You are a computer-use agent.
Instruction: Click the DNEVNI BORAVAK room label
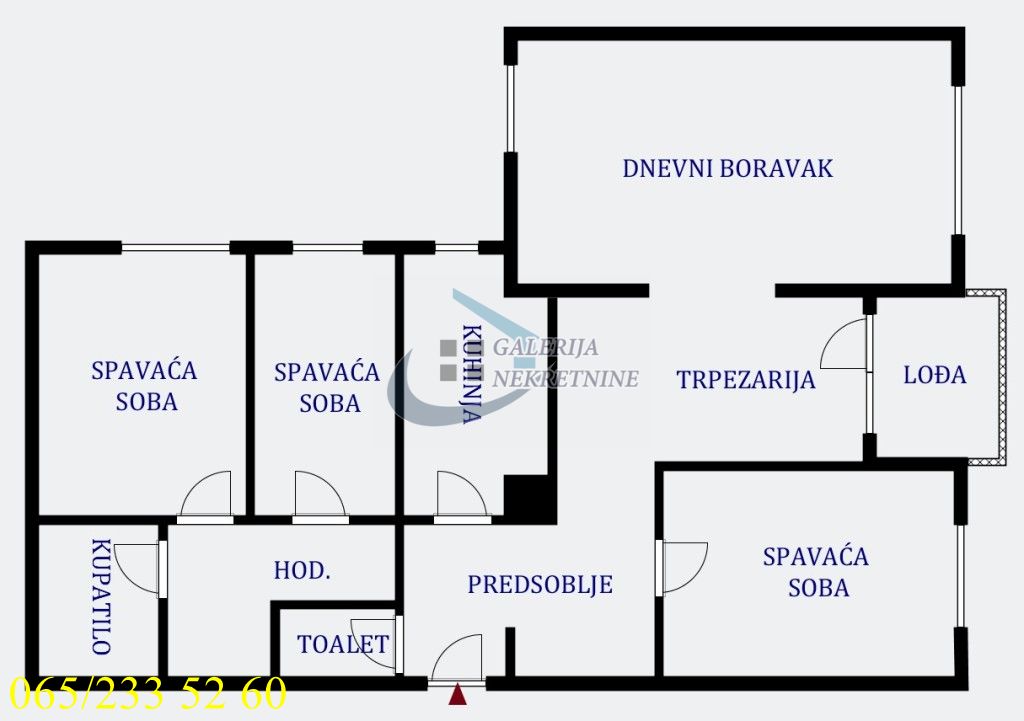click(727, 168)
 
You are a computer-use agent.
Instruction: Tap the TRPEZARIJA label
click(745, 380)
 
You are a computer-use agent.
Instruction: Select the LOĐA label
click(935, 375)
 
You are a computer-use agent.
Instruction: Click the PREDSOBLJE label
click(540, 585)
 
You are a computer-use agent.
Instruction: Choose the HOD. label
click(302, 571)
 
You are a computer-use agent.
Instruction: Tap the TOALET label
click(342, 644)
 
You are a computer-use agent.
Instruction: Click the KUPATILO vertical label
click(100, 596)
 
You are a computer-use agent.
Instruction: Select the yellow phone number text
click(148, 693)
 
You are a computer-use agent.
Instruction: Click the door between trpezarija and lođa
click(845, 346)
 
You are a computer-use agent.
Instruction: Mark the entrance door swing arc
click(458, 658)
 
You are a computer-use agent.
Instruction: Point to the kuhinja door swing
click(461, 495)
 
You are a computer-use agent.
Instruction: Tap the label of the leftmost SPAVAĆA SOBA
click(144, 385)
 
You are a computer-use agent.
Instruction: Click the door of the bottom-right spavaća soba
click(683, 566)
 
